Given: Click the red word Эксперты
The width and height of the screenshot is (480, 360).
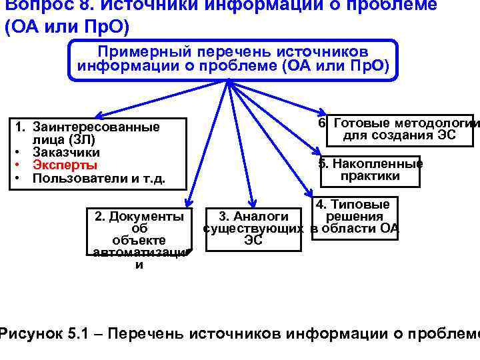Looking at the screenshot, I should [65, 165].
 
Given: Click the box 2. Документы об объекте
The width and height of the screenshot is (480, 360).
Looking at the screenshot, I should [139, 233].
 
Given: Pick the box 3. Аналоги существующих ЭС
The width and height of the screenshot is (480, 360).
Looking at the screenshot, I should [253, 229].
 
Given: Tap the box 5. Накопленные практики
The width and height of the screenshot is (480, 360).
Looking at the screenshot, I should [370, 170].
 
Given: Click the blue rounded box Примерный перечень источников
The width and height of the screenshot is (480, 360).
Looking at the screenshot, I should [232, 59].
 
